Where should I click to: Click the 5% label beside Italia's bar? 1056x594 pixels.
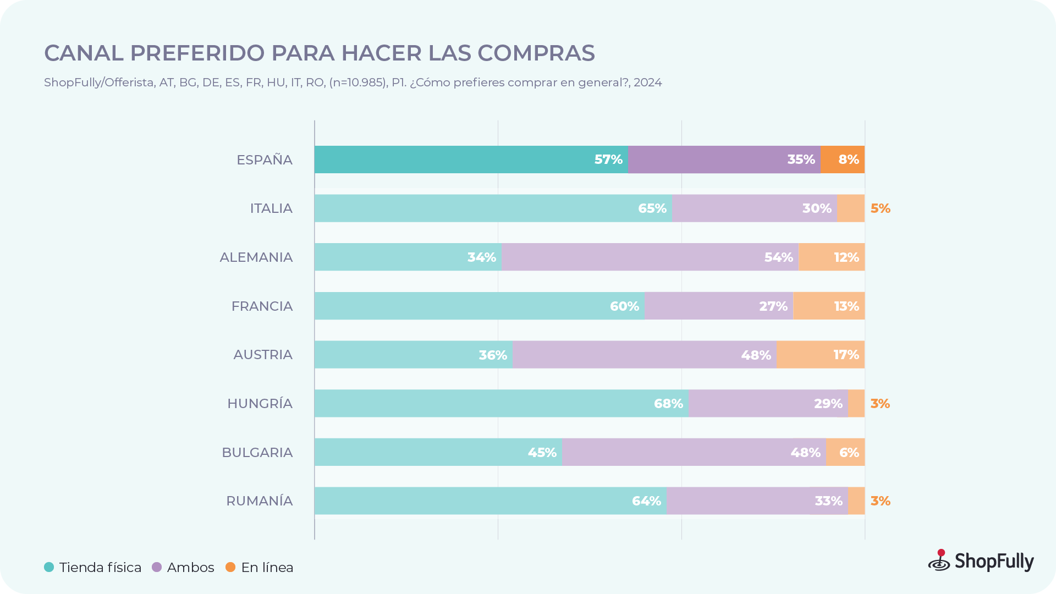tap(880, 208)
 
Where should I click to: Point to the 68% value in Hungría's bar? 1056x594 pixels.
tap(668, 404)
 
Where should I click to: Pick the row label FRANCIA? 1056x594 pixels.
tap(262, 306)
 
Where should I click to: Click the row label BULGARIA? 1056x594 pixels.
tap(257, 453)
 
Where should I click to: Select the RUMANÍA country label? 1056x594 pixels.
tap(259, 501)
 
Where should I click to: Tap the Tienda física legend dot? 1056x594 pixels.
tap(49, 567)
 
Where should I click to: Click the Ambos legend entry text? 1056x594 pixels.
tap(190, 568)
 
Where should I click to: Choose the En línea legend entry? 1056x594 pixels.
tap(267, 568)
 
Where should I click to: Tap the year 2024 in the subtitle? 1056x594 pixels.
tap(647, 82)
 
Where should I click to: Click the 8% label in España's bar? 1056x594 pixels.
tap(848, 159)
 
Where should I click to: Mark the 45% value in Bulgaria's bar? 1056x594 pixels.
tap(542, 453)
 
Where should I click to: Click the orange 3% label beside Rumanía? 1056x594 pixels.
tap(880, 501)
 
